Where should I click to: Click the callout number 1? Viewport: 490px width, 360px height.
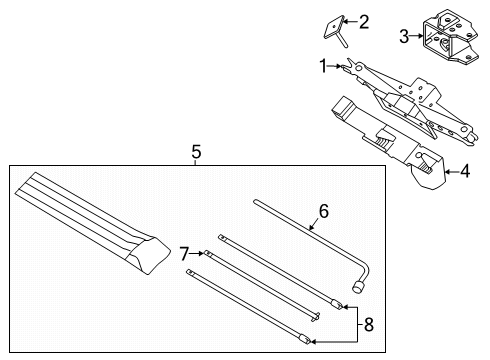pyautogui.click(x=323, y=66)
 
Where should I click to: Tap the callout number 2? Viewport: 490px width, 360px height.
pyautogui.click(x=363, y=22)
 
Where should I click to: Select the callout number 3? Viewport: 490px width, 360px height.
pyautogui.click(x=404, y=36)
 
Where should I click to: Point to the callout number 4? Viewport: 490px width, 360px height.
pyautogui.click(x=465, y=171)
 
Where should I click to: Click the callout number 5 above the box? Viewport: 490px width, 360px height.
pyautogui.click(x=197, y=152)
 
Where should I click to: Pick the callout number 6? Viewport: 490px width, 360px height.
pyautogui.click(x=324, y=211)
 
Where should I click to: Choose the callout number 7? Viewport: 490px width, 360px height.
pyautogui.click(x=184, y=254)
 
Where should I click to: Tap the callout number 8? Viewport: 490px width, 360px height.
pyautogui.click(x=368, y=324)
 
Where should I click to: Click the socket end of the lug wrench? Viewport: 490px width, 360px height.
pyautogui.click(x=358, y=287)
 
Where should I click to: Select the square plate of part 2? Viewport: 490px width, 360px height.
pyautogui.click(x=334, y=27)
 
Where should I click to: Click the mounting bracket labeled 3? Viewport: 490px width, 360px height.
pyautogui.click(x=451, y=37)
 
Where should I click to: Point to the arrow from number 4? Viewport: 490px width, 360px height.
pyautogui.click(x=452, y=172)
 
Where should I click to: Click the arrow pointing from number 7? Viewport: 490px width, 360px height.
pyautogui.click(x=197, y=254)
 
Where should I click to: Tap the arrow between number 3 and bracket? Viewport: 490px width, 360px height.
pyautogui.click(x=416, y=36)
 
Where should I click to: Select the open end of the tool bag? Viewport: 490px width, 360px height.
pyautogui.click(x=148, y=255)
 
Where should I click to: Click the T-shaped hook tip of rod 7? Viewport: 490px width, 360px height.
pyautogui.click(x=316, y=317)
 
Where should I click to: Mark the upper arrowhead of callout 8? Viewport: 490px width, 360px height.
pyautogui.click(x=345, y=307)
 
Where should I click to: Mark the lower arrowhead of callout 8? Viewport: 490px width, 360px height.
pyautogui.click(x=314, y=341)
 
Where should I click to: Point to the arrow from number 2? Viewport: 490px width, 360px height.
pyautogui.click(x=350, y=22)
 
